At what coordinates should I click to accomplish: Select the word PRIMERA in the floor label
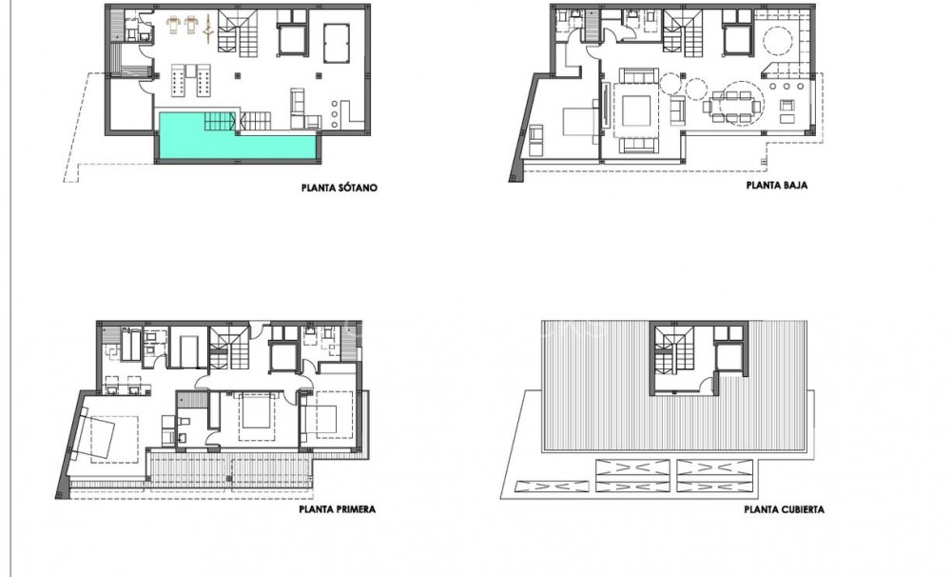coord(354,509)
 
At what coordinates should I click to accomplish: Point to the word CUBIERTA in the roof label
coord(801,509)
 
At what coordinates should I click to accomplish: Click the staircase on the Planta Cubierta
coord(679,357)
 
